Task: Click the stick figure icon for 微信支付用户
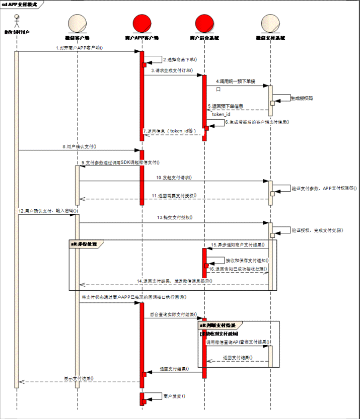(x=17, y=21)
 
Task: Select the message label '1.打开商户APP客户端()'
(x=80, y=48)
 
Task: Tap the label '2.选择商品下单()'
(x=179, y=59)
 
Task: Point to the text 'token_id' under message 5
(x=221, y=114)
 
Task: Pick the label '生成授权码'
(x=302, y=98)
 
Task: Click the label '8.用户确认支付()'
(x=80, y=146)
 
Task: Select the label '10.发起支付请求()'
(x=174, y=178)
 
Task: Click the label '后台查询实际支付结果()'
(x=173, y=314)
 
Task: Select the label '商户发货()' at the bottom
(x=174, y=396)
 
